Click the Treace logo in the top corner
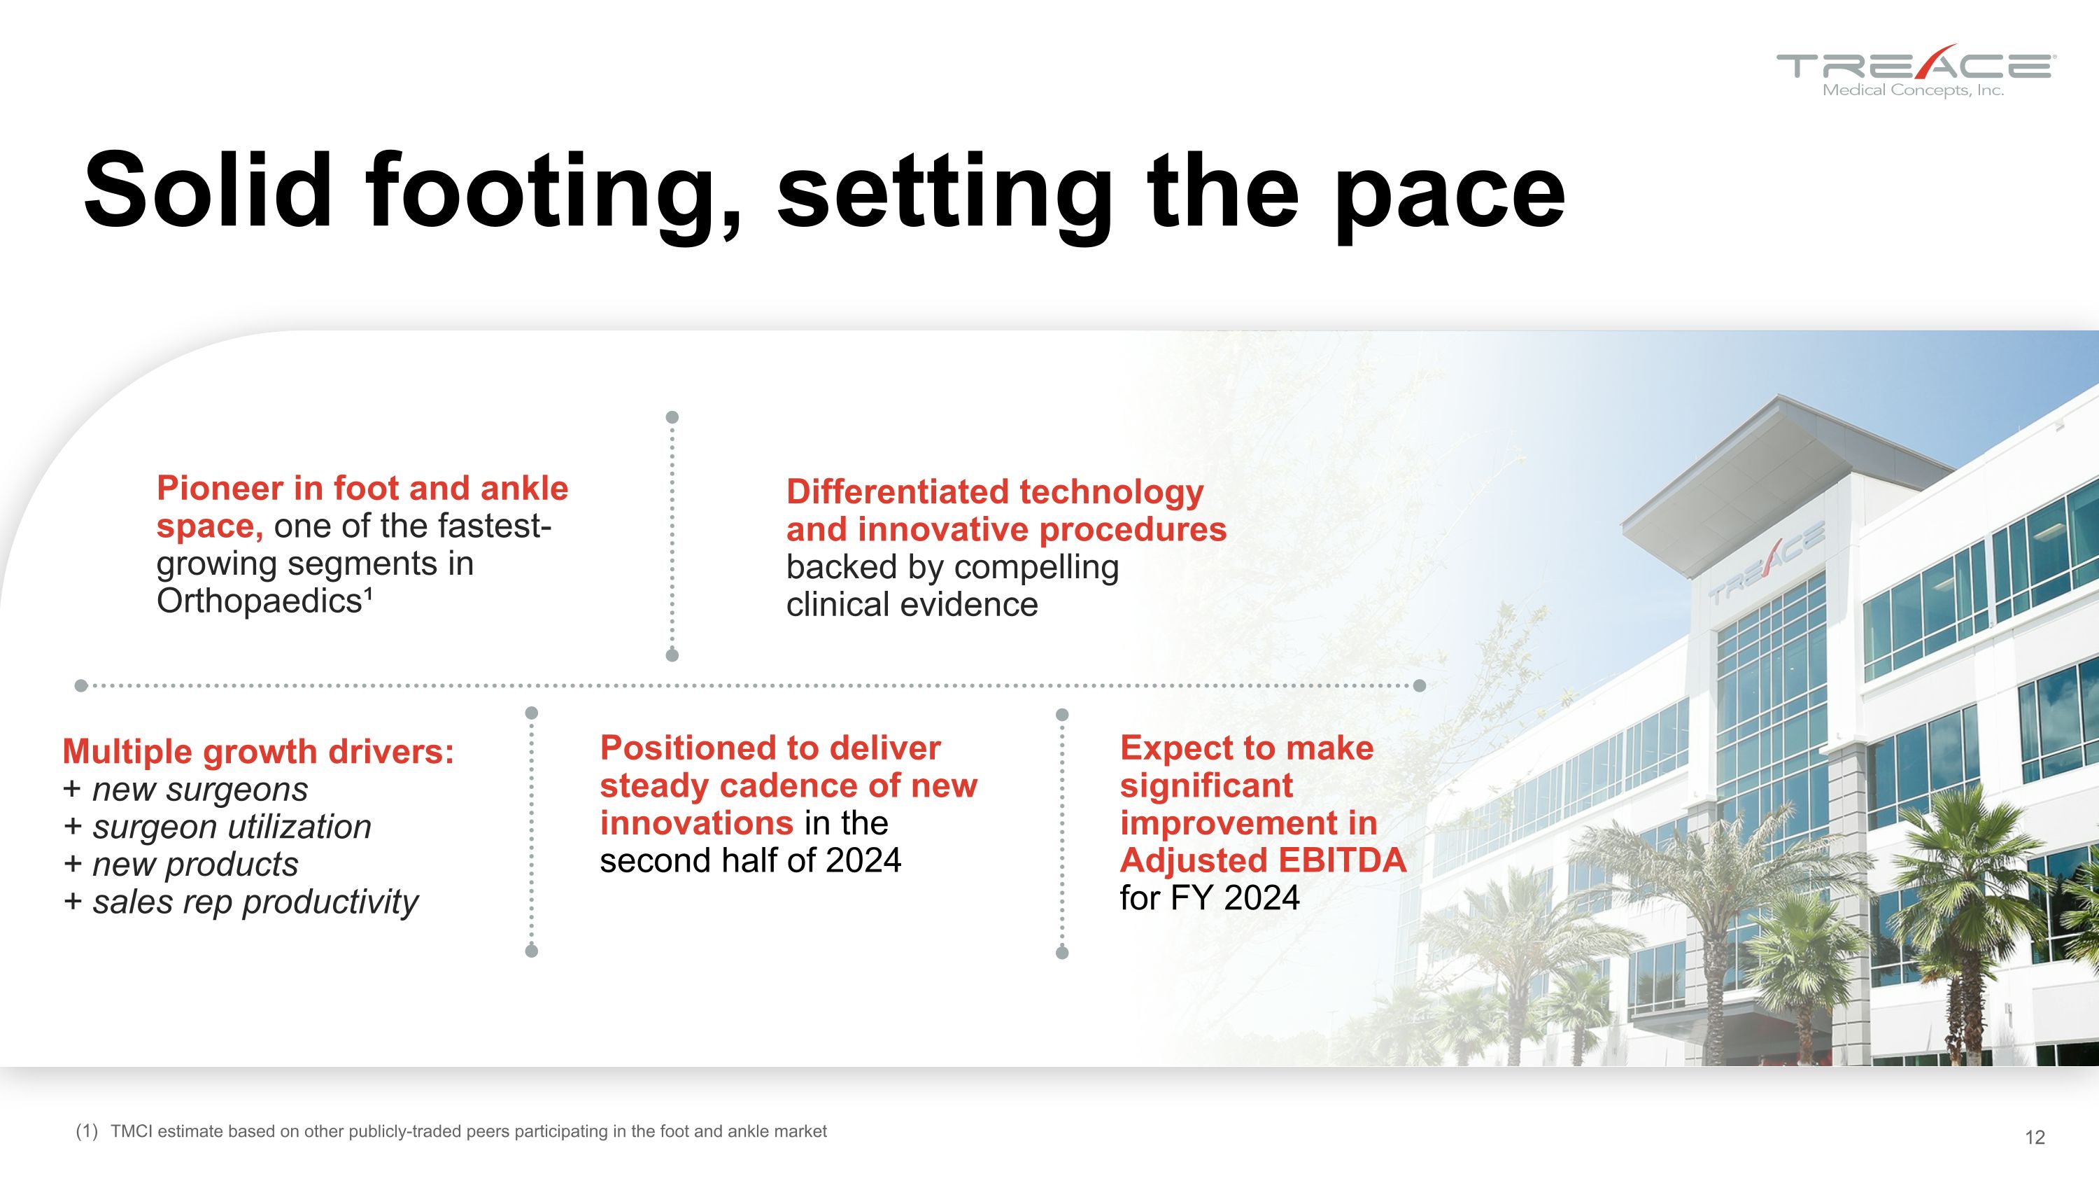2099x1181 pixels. click(x=1916, y=71)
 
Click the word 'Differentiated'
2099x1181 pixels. click(x=897, y=491)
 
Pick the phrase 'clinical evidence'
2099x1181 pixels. click(x=912, y=605)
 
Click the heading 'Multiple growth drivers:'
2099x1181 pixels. click(x=258, y=751)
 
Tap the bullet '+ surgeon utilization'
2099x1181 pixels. click(x=217, y=827)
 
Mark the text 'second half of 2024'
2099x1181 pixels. click(x=751, y=860)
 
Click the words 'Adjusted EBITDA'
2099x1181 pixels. click(x=1263, y=860)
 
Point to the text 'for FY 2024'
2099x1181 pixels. click(x=1210, y=898)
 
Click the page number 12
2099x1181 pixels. click(x=2035, y=1138)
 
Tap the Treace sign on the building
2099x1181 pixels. click(x=1766, y=562)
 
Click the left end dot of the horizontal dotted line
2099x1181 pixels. click(x=80, y=685)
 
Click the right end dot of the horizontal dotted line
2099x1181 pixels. click(x=1420, y=685)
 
